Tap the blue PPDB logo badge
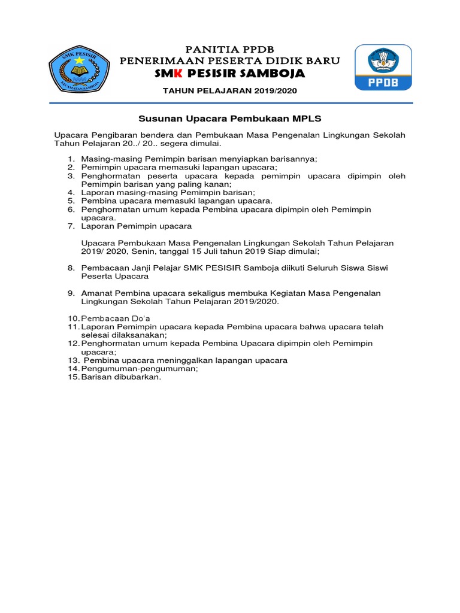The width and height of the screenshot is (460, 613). tap(383, 67)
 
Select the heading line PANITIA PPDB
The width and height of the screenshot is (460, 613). tap(230, 49)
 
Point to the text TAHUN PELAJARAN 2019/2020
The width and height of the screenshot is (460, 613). tap(230, 90)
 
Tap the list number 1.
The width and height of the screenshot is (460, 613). tap(70, 159)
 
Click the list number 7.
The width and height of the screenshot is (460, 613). tap(70, 226)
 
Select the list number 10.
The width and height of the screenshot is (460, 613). tap(72, 317)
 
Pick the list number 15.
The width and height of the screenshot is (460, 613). tap(72, 377)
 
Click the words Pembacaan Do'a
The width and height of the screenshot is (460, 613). tap(116, 317)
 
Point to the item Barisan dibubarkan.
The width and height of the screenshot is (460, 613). tap(121, 377)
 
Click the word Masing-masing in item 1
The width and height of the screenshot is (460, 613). tap(106, 159)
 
